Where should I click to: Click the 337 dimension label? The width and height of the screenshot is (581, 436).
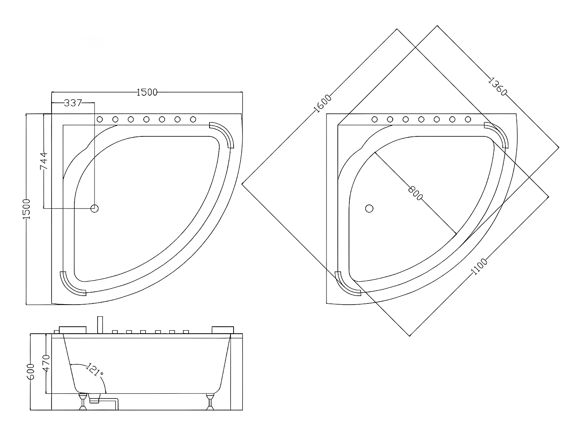coord(73,103)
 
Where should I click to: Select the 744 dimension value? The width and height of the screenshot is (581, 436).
coord(44,160)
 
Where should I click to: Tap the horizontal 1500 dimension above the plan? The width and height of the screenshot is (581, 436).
coord(147,92)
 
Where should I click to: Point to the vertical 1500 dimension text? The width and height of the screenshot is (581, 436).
coord(26,209)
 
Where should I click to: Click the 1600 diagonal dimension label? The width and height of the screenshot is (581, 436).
coord(323,103)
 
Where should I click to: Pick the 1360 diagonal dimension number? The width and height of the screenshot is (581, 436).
coord(497,87)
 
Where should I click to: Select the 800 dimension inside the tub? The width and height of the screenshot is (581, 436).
coord(415,193)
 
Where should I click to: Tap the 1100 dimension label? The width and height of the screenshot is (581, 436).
coord(479,267)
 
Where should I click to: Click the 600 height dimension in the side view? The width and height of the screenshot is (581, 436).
coord(32,371)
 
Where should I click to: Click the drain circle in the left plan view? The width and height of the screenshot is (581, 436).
coord(95,209)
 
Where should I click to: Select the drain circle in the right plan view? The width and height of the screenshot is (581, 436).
coord(369,209)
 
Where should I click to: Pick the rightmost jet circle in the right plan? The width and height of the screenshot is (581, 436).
coord(468,119)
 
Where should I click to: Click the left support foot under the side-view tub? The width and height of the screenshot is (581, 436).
coord(83,401)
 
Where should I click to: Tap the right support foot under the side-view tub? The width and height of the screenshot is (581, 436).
coord(210,401)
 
